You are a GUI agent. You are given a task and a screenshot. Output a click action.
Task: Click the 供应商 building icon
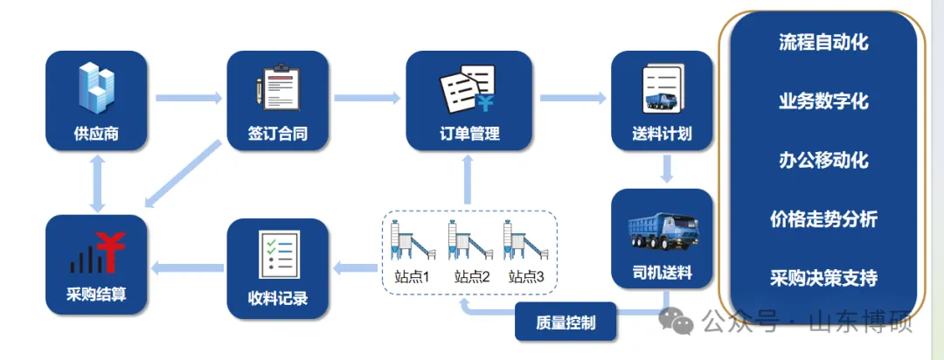pos(96,90)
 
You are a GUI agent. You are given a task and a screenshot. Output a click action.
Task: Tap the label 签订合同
pos(277,135)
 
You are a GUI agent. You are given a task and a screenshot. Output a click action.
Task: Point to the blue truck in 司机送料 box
pos(662,232)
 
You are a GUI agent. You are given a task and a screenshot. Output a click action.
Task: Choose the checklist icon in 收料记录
pos(278,253)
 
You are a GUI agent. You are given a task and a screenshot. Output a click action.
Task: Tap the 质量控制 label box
pos(566,322)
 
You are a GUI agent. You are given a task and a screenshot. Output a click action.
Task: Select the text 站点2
pos(472,277)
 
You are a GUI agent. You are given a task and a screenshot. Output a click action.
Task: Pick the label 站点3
pos(526,277)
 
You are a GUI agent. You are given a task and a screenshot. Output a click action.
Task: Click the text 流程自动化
pos(823,42)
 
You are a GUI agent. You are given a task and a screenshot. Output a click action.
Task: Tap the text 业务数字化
pos(823,101)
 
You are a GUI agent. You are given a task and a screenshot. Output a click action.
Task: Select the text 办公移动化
pos(823,161)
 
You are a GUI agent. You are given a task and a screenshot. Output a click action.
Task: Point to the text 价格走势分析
pos(823,219)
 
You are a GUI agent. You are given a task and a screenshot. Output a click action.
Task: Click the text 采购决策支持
pos(823,279)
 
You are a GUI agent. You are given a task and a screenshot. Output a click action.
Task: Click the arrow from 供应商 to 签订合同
pos(187,97)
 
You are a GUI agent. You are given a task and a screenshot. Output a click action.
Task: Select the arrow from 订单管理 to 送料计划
pos(573,97)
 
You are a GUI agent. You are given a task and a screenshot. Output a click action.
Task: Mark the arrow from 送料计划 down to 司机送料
pos(666,169)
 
